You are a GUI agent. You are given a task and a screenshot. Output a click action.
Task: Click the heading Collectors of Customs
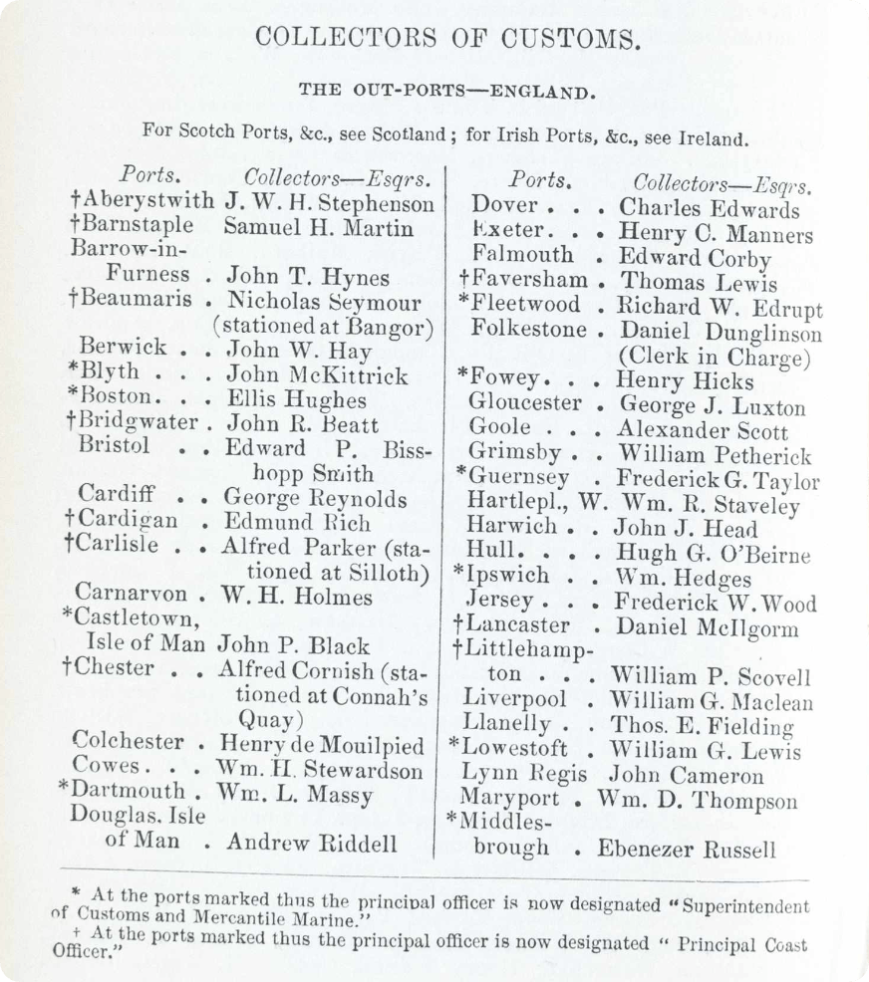445,39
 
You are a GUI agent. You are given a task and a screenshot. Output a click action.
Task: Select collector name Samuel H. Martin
318,227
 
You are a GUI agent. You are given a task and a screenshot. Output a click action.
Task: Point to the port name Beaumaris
132,300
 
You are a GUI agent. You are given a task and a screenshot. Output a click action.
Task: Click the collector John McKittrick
317,374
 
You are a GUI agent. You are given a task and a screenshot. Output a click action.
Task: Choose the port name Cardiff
117,495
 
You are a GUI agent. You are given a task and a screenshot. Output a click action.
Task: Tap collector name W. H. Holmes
298,598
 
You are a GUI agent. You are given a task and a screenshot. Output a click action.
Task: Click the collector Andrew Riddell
312,844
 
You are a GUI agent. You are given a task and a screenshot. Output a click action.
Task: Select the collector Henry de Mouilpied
321,745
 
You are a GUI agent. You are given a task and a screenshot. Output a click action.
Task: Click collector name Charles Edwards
709,209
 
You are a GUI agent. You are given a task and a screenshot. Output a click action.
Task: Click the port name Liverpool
515,699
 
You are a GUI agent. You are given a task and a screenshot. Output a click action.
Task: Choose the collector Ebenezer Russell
686,849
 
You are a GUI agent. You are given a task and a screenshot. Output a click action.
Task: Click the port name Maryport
508,798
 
